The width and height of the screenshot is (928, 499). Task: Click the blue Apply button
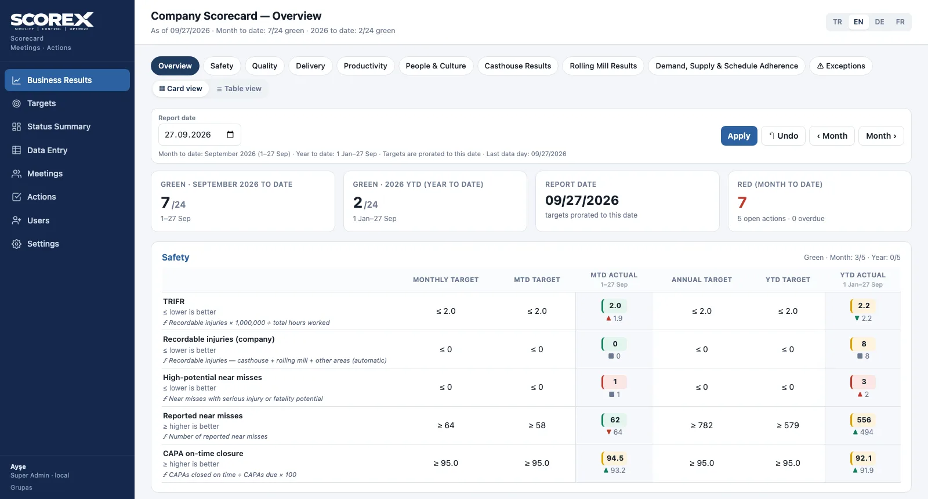(x=739, y=136)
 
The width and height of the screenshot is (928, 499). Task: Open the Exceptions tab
(x=840, y=66)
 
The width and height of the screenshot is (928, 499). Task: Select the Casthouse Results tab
(x=517, y=66)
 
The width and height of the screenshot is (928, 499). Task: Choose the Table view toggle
(x=239, y=89)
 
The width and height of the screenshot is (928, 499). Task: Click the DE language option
(x=879, y=22)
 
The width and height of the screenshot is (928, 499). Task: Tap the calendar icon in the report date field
(x=230, y=134)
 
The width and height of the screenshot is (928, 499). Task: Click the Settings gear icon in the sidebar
(x=17, y=244)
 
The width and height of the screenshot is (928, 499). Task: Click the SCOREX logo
(x=52, y=21)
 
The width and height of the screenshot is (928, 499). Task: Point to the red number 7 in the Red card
(x=742, y=203)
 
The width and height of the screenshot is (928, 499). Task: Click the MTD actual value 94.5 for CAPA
(x=614, y=458)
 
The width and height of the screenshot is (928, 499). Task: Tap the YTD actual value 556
(x=864, y=420)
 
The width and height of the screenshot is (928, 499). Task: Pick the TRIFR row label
(x=173, y=301)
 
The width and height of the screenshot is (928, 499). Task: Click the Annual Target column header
(x=701, y=280)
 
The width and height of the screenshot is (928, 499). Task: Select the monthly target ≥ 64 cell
(x=446, y=425)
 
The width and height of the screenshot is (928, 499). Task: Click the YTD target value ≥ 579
(x=788, y=425)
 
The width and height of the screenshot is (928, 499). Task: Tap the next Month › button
(x=881, y=136)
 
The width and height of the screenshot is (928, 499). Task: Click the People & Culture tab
(x=436, y=66)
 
